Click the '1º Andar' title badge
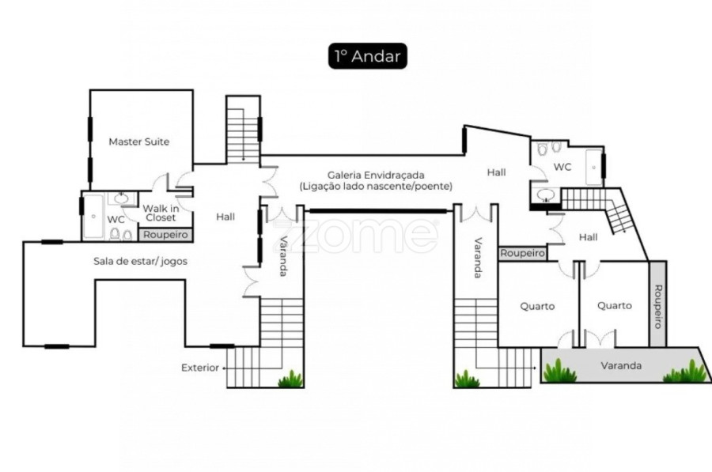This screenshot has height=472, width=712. [367, 56]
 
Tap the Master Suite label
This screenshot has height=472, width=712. [139, 142]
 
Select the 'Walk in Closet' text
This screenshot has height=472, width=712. [161, 213]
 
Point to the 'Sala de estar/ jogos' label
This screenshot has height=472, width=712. [140, 262]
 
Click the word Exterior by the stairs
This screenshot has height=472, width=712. [200, 368]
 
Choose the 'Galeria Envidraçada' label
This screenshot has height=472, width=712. [376, 176]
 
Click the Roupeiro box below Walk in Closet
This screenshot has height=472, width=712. [165, 235]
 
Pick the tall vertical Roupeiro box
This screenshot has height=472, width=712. [657, 304]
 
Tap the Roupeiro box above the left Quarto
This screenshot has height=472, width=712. [522, 253]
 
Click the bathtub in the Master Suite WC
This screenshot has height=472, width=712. [93, 217]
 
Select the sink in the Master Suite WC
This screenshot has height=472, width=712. [121, 198]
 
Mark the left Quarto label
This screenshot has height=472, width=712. [537, 306]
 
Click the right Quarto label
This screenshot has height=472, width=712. [615, 306]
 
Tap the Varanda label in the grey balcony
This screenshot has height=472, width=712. [621, 366]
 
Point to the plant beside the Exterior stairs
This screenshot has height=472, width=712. [290, 379]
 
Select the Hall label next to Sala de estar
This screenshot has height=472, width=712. [225, 217]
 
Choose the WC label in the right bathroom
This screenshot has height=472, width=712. [562, 167]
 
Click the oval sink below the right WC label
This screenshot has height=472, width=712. [545, 195]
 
